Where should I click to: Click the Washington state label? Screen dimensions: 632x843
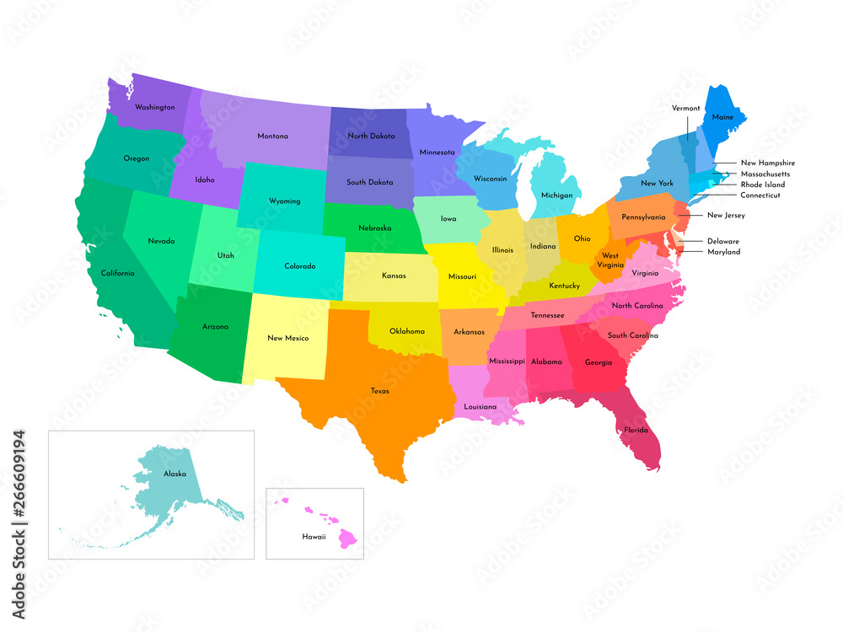point(155,108)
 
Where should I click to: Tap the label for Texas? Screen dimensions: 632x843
point(379,391)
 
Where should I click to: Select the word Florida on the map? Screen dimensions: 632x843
point(636,430)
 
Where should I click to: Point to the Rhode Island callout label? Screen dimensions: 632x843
point(762,185)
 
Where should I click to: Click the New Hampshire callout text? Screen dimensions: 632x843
point(767,163)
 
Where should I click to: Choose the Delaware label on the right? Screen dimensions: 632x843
point(723,241)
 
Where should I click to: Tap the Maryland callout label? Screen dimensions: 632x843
point(723,252)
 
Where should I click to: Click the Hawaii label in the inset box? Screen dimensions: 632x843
point(314,536)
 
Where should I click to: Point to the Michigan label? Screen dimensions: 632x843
point(556,195)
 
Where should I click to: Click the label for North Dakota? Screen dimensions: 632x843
point(371,136)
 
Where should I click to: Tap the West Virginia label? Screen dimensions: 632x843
point(610,260)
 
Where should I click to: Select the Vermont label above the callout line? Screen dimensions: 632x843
point(685,108)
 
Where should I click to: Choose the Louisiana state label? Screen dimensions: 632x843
point(480,407)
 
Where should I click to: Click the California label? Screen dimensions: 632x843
point(117,273)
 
